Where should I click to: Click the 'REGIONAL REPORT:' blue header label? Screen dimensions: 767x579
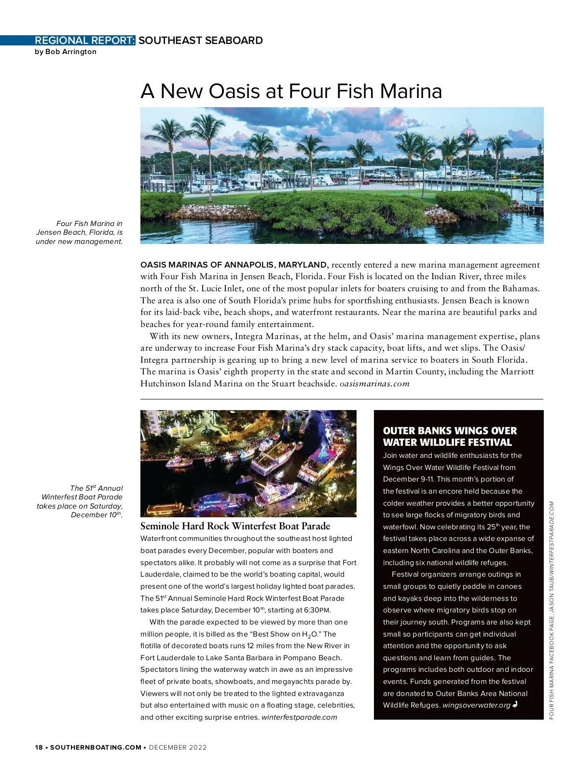[85, 41]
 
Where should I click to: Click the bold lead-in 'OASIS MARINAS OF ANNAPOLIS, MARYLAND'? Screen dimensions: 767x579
[234, 265]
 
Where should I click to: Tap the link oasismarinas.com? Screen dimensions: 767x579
[374, 384]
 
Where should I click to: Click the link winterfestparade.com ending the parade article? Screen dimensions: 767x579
[299, 717]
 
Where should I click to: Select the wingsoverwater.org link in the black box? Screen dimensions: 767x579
[476, 705]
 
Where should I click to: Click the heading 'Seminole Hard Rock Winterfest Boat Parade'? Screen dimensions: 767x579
[235, 526]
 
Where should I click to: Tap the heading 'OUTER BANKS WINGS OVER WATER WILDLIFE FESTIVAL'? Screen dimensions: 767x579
[450, 437]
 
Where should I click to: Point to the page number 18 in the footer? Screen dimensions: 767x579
[39, 747]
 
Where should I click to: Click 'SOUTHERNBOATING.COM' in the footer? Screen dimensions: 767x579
[96, 747]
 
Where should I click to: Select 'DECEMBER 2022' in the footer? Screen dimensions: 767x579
[178, 747]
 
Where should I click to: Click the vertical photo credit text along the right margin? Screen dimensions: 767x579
[551, 610]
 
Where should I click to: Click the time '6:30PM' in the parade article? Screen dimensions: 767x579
[317, 610]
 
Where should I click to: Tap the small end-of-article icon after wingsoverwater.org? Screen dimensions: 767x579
[515, 705]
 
